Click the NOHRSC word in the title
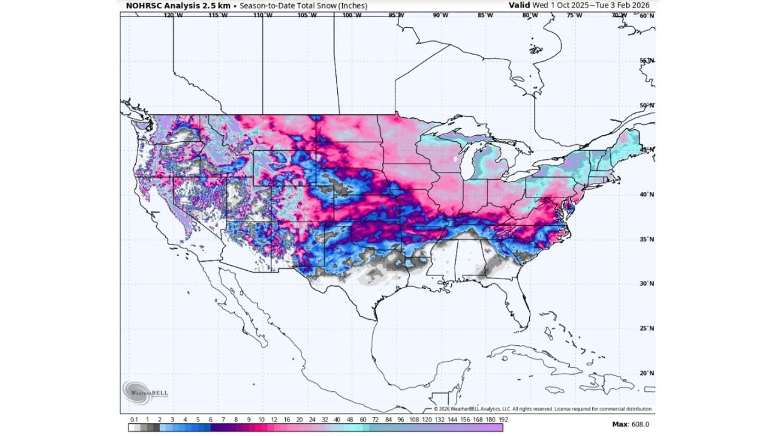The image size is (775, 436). [144, 5]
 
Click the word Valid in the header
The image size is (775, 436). [519, 5]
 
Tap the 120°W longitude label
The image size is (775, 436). [174, 15]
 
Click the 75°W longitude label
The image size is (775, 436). [574, 15]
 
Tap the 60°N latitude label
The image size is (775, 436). [647, 15]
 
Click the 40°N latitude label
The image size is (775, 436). [647, 194]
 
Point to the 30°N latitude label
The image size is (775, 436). [647, 283]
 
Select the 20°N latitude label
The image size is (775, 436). [647, 373]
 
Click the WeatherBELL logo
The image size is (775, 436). [145, 392]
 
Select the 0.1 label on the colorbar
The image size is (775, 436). [133, 419]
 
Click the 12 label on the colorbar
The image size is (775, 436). [274, 419]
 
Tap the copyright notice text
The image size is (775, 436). [543, 409]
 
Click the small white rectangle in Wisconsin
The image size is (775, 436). [455, 159]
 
